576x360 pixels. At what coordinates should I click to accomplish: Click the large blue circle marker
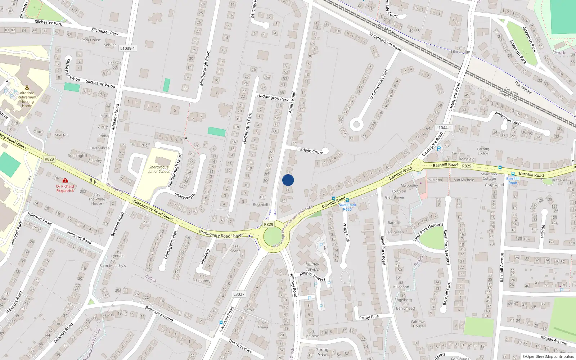288,180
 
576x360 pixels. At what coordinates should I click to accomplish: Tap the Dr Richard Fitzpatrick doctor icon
65,180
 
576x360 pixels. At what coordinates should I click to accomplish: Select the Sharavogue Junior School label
159,169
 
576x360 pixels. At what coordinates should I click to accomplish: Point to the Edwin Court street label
311,151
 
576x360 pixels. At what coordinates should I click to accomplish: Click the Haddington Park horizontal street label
273,97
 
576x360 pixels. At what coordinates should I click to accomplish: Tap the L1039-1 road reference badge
127,48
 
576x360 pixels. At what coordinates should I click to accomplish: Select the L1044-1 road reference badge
443,128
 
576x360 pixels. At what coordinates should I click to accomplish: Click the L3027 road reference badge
239,294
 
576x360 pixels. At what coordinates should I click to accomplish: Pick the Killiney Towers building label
312,266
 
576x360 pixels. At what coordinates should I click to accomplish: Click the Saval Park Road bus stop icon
347,200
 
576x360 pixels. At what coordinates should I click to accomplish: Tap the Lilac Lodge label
460,51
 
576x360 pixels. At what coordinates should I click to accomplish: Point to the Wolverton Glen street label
507,118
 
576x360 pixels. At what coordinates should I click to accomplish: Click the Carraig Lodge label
483,151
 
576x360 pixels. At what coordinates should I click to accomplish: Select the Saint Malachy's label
113,266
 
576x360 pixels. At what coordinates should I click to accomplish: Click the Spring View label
322,352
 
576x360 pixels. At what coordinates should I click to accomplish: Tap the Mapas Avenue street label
554,339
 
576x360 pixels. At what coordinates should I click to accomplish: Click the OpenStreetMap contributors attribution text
548,356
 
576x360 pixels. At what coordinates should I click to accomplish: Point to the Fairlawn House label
418,324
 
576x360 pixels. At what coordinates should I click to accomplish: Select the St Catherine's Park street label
379,84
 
